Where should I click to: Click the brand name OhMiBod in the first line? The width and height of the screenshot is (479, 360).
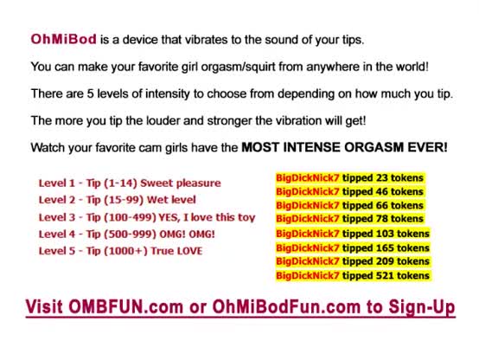[x=63, y=40]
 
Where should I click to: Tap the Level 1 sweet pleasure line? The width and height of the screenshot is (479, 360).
[x=130, y=183]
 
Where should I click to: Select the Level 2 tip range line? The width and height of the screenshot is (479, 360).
[x=118, y=200]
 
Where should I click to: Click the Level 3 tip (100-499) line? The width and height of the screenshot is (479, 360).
[x=147, y=217]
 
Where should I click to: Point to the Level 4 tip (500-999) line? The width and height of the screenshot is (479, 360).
[x=127, y=235]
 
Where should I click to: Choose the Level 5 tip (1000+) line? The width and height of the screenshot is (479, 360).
[x=121, y=251]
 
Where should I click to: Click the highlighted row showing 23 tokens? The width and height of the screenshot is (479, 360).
[x=350, y=178]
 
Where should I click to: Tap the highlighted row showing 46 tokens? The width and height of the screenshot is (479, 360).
[x=350, y=192]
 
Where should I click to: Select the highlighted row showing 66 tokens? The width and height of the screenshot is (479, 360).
[x=350, y=205]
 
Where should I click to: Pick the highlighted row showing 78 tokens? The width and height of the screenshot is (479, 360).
[x=350, y=219]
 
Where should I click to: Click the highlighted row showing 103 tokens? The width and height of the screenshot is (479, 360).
[x=353, y=234]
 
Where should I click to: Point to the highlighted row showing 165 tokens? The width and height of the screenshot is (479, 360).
[x=353, y=247]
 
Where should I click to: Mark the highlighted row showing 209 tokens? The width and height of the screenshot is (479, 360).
[x=353, y=261]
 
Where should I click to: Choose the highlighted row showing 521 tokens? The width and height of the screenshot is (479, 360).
[x=353, y=275]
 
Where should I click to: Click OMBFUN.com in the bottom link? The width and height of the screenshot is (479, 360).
[x=125, y=306]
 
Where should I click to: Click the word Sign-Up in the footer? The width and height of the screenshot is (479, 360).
[x=422, y=307]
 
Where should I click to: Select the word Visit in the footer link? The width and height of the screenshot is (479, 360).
[x=44, y=306]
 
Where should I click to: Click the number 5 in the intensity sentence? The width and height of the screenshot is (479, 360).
[x=90, y=93]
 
